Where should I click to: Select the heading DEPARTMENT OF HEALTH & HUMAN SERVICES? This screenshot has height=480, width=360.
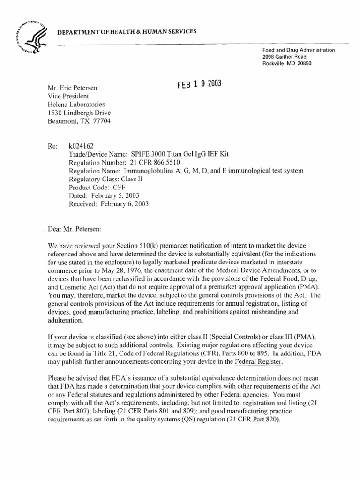[x=127, y=31]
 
